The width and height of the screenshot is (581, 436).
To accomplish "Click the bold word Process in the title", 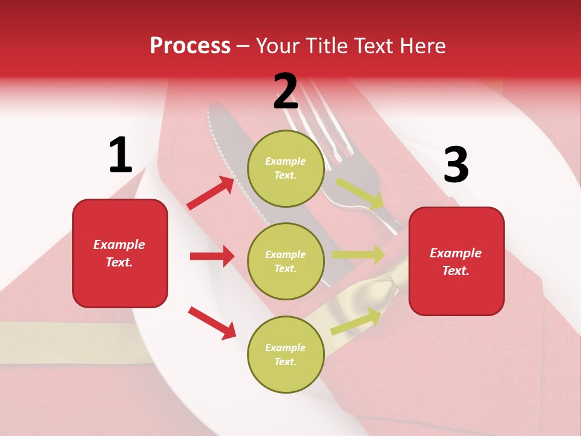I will [190, 46].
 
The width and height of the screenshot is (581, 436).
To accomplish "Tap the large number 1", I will [120, 155].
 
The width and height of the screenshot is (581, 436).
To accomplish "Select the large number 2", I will [286, 91].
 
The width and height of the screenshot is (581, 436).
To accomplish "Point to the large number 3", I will [456, 165].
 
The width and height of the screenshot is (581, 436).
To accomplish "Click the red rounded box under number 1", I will [120, 253].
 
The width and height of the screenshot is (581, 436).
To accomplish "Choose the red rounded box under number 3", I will [456, 261].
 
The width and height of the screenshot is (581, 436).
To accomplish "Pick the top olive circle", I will [286, 168].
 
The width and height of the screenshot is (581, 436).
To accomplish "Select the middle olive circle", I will [286, 261].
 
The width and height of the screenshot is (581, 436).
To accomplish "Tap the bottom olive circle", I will [286, 354].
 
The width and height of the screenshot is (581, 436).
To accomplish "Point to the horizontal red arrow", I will [212, 256].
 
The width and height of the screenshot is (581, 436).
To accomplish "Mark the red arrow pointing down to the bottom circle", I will [212, 323].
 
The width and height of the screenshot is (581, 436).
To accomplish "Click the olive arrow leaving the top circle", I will [360, 194].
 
